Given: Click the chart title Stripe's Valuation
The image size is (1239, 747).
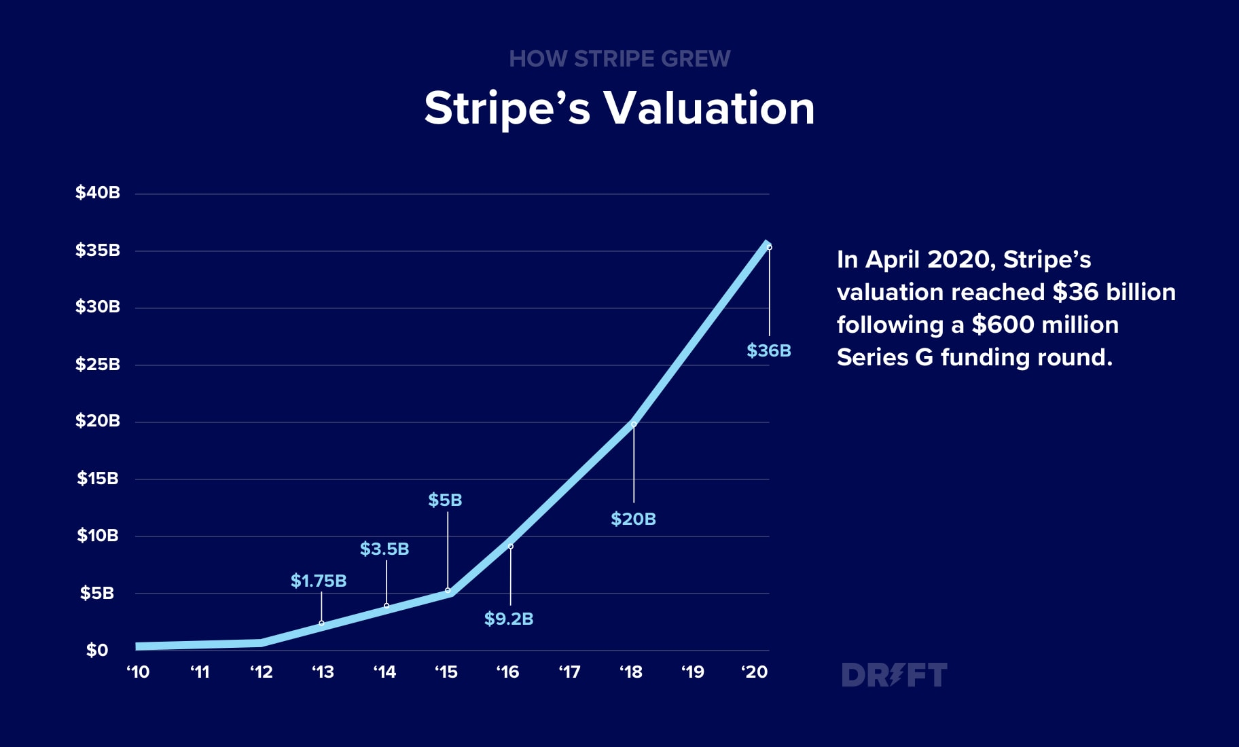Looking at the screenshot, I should tap(619, 109).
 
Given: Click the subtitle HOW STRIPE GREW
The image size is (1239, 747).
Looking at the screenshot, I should tap(619, 59).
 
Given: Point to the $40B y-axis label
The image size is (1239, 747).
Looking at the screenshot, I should tap(97, 193).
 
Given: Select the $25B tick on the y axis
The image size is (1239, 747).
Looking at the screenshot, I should tap(97, 365).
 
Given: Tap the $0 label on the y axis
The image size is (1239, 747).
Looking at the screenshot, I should tap(97, 651).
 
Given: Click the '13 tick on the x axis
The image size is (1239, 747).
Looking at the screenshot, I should tap(323, 672).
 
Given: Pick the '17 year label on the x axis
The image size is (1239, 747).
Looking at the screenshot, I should tap(569, 672).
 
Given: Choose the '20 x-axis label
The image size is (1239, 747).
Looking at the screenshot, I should tap(754, 672).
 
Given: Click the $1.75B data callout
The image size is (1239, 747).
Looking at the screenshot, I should tap(319, 581).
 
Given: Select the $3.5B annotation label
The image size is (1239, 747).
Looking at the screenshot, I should tap(384, 549).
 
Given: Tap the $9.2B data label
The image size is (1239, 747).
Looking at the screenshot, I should tap(508, 619).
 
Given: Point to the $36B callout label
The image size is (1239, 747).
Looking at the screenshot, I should tap(769, 351).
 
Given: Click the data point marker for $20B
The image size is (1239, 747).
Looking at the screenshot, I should tap(634, 424).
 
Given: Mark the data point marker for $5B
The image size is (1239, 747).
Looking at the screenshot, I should tap(448, 590).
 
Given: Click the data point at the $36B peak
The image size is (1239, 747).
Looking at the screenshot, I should tap(769, 247).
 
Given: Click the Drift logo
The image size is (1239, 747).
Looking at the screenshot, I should tap(894, 675).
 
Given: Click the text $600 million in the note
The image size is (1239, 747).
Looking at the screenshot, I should tap(1045, 325).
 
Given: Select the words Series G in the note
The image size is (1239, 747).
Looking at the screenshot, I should tap(884, 357).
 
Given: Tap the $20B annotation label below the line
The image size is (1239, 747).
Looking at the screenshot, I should tap(633, 520).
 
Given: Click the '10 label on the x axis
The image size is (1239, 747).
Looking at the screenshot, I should tap(138, 672).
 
